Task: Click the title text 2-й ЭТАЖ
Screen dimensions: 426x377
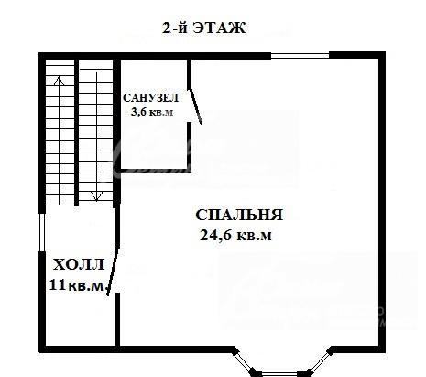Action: click(203, 28)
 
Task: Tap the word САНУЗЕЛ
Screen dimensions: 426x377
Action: click(150, 98)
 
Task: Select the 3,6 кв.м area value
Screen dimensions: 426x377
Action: click(152, 112)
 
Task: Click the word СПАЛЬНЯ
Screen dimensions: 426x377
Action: click(239, 215)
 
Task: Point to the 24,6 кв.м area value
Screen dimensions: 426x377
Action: click(235, 236)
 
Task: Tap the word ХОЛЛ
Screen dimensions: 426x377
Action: click(79, 265)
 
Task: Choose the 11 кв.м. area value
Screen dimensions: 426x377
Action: click(79, 285)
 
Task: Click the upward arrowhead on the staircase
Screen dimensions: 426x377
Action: click(60, 82)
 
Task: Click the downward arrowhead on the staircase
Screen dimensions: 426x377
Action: click(96, 196)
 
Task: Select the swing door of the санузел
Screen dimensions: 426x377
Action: click(195, 106)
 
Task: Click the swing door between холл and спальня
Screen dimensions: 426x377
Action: click(113, 272)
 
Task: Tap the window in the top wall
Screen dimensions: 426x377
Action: click(300, 56)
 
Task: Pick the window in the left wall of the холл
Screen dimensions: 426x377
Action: click(42, 232)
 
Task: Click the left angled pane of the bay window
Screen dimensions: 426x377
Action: click(245, 361)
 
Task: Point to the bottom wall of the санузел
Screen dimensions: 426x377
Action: click(155, 171)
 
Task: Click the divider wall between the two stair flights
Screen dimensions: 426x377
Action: click(77, 133)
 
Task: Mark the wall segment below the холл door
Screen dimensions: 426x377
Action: click(117, 319)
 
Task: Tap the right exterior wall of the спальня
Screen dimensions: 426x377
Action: click(382, 202)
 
